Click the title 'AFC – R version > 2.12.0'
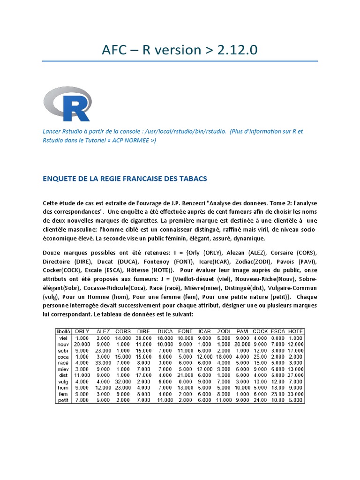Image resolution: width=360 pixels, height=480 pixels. pyautogui.click(x=180, y=50)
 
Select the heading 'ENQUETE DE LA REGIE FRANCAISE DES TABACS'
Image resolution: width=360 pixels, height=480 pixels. pyautogui.click(x=125, y=179)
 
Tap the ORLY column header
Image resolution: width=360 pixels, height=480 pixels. pyautogui.click(x=82, y=331)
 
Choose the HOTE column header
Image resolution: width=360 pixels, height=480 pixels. pyautogui.click(x=296, y=331)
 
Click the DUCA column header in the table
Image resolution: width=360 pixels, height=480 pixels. pyautogui.click(x=165, y=331)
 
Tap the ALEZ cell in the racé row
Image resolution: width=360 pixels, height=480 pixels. pyautogui.click(x=103, y=362)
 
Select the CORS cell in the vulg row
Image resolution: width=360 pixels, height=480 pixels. pyautogui.click(x=123, y=381)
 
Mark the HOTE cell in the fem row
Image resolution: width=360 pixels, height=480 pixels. pyautogui.click(x=296, y=394)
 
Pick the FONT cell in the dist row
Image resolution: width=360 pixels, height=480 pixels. pyautogui.click(x=186, y=375)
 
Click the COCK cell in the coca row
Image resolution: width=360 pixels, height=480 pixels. pyautogui.click(x=260, y=356)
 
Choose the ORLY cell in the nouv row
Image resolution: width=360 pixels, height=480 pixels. pyautogui.click(x=82, y=344)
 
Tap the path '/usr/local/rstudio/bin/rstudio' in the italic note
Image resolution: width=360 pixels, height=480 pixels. pyautogui.click(x=186, y=131)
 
